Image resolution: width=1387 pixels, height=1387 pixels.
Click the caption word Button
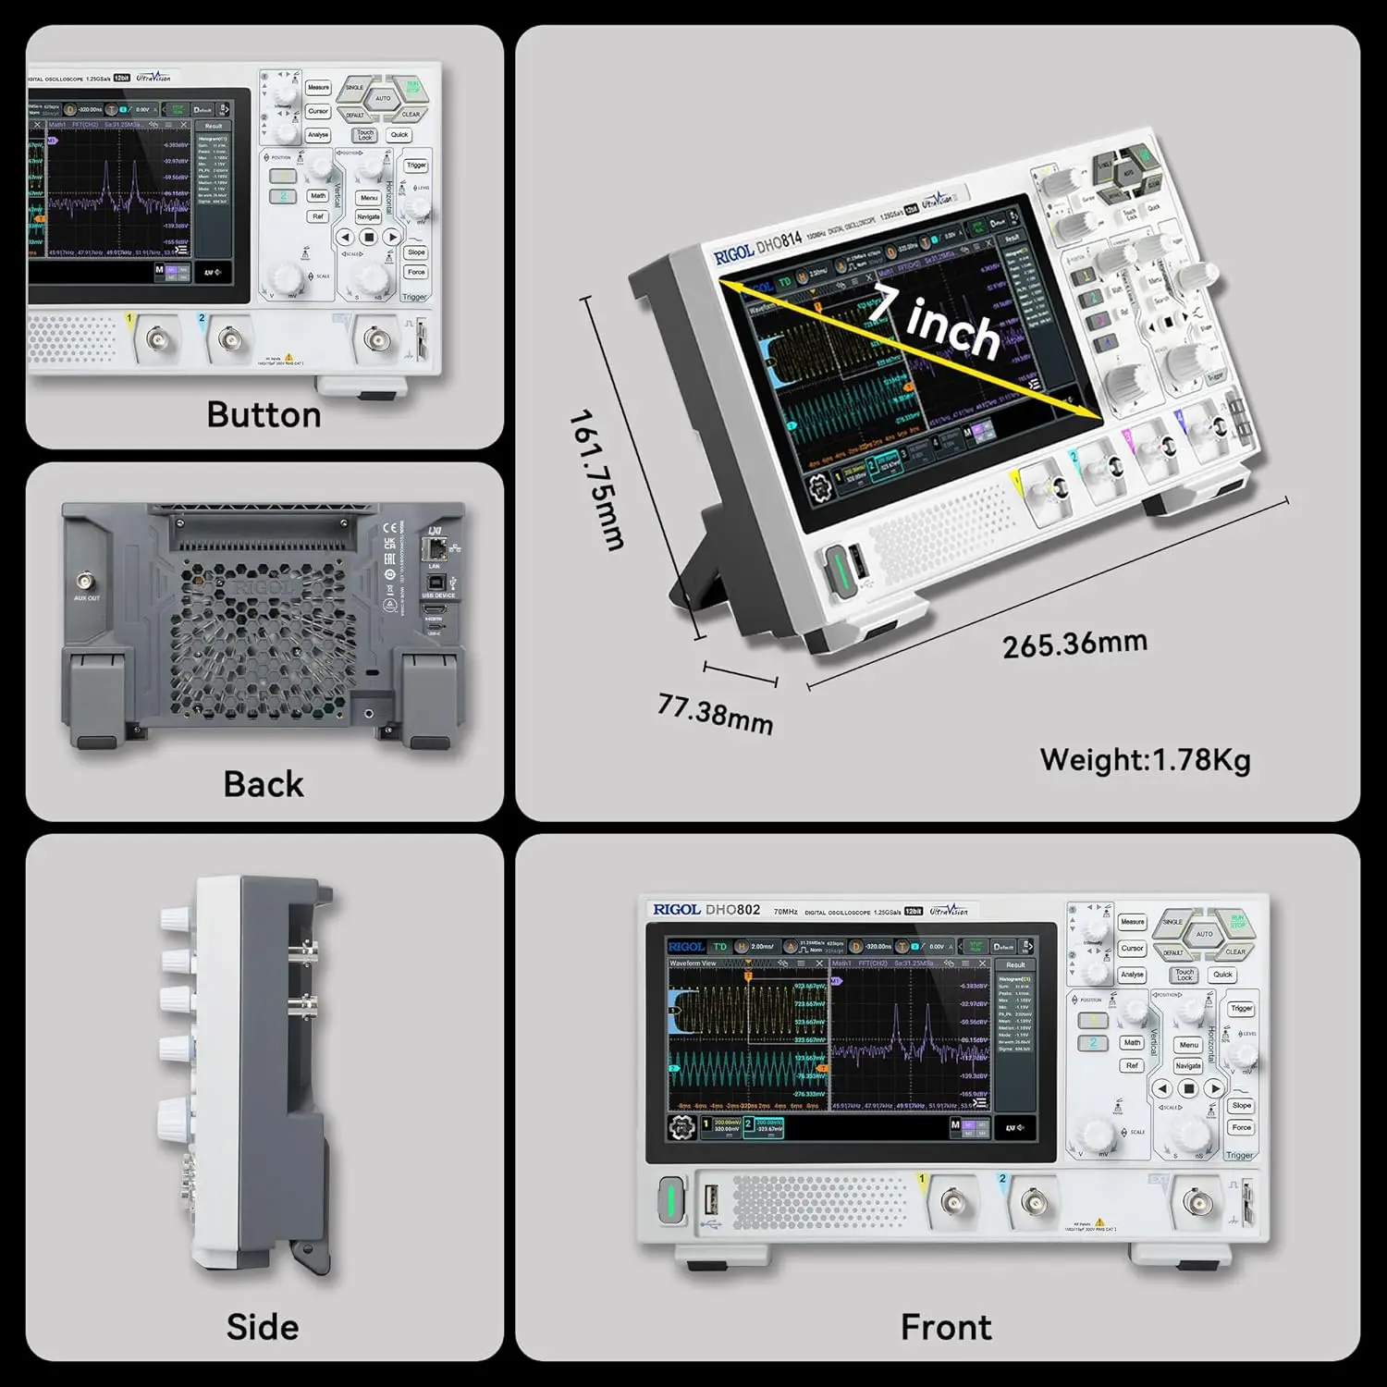(x=264, y=415)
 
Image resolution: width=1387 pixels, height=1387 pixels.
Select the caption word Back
(x=264, y=784)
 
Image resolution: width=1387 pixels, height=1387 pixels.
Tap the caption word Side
(x=263, y=1327)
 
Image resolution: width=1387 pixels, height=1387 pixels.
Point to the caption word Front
(x=946, y=1327)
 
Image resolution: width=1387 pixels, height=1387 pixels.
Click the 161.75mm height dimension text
(x=596, y=480)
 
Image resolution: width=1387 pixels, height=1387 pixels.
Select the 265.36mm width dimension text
(x=1074, y=644)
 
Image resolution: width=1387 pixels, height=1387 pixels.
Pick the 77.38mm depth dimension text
(x=715, y=714)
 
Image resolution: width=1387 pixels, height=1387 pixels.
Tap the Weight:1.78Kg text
(x=1145, y=760)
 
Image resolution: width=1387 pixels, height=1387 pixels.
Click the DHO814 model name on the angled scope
(x=779, y=245)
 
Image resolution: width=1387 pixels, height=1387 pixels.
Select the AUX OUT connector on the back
(x=87, y=583)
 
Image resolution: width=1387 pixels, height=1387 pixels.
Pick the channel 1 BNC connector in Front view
(x=954, y=1203)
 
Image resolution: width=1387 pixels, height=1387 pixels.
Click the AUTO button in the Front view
(x=1204, y=934)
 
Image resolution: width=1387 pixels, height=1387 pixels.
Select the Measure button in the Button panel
(x=318, y=88)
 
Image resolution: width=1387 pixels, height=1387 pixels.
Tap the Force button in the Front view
(x=1241, y=1127)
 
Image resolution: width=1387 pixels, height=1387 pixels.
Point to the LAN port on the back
(x=436, y=551)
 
